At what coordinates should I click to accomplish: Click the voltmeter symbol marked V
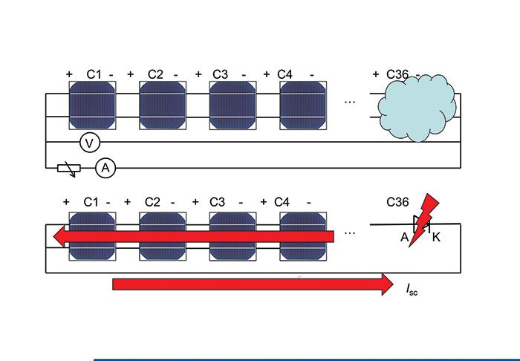click(x=90, y=143)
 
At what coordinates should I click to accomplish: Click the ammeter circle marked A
click(x=105, y=168)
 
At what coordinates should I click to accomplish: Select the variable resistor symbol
click(x=69, y=169)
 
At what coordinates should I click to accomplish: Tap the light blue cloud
click(x=417, y=108)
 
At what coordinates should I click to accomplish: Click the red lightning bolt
click(x=423, y=220)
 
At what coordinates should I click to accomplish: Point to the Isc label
click(x=412, y=290)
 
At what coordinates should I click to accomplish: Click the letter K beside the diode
click(x=436, y=238)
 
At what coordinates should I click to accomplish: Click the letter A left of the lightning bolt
click(x=405, y=238)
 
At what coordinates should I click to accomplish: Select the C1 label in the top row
click(x=94, y=74)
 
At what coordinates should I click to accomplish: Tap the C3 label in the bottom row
click(x=217, y=202)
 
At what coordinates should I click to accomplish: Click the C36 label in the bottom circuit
click(x=397, y=202)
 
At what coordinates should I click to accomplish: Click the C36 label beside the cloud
click(x=397, y=74)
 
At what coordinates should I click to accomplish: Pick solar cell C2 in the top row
click(x=163, y=105)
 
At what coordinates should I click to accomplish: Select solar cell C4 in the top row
click(x=303, y=105)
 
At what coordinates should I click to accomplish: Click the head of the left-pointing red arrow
click(x=59, y=236)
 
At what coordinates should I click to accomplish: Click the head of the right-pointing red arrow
click(x=387, y=284)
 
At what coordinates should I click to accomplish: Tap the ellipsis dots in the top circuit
click(x=350, y=102)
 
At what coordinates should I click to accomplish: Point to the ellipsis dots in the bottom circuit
click(x=350, y=233)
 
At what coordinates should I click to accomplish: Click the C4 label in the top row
click(x=285, y=74)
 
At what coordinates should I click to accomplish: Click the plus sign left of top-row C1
click(x=69, y=74)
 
